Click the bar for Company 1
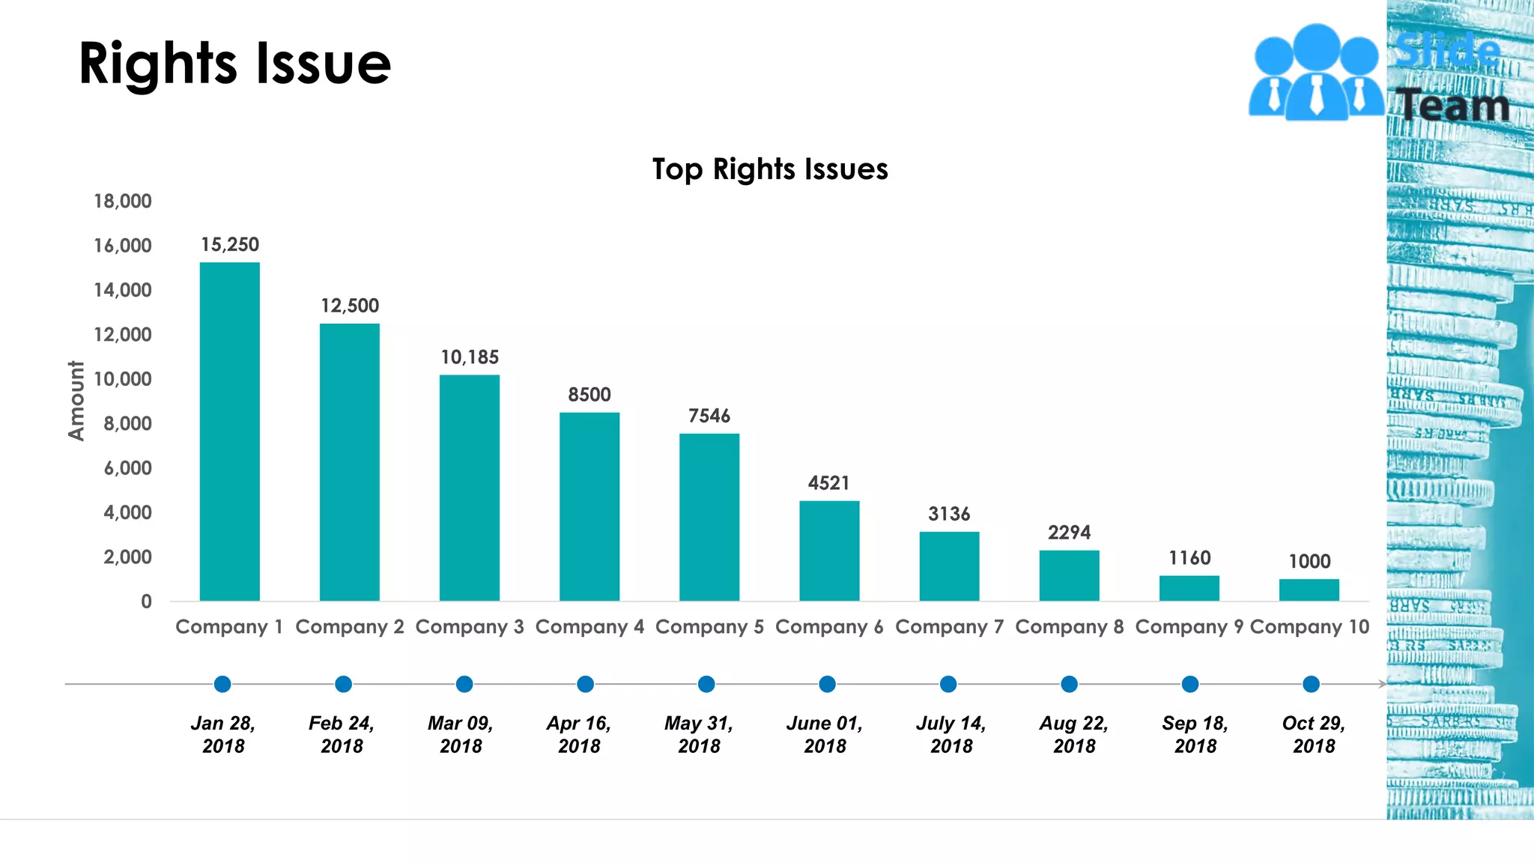pos(229,431)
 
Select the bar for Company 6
pos(829,551)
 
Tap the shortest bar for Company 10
pos(1309,590)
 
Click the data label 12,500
pos(350,306)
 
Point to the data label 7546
pos(709,416)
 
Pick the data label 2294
pos(1069,533)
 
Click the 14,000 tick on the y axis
pos(122,290)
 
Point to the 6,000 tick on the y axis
pos(127,468)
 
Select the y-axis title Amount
pos(76,401)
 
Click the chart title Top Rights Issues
pos(770,169)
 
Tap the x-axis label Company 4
pos(589,627)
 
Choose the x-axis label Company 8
pos(1069,627)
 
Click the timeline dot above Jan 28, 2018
pos(222,684)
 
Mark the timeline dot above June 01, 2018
pos(827,684)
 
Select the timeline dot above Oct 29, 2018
pos(1311,684)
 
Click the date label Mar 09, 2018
pos(461,734)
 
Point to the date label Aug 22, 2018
pos(1073,734)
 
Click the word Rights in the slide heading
pos(157,64)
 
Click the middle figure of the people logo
pos(1316,71)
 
